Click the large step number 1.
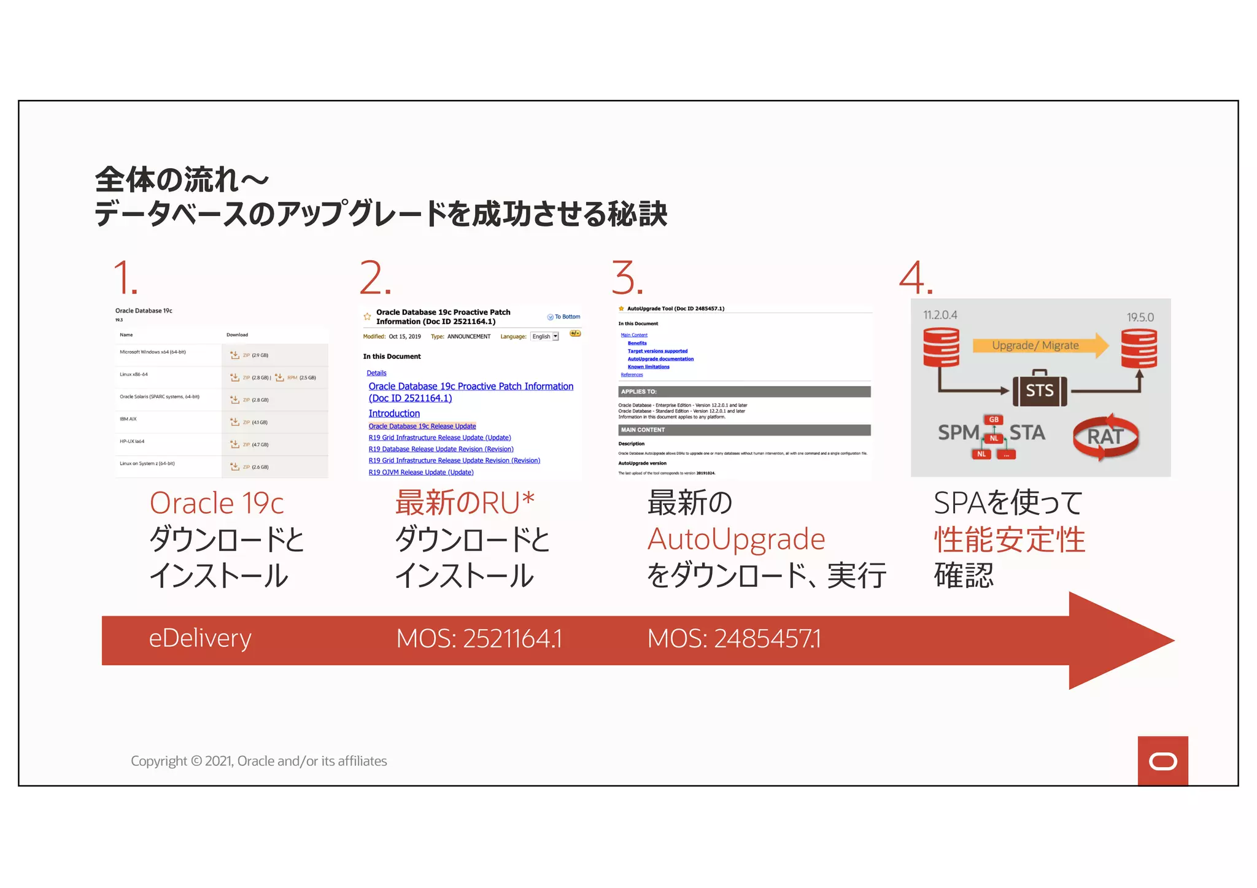[125, 278]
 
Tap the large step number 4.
[915, 278]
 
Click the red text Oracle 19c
[217, 503]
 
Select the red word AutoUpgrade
[736, 539]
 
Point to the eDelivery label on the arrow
[200, 638]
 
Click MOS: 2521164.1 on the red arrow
[479, 639]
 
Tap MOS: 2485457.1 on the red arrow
[733, 639]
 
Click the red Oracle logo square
[1162, 761]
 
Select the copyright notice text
[258, 761]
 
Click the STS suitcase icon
[1039, 389]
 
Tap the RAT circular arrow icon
[1105, 436]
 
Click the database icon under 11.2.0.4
[941, 347]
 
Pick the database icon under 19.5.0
[1139, 349]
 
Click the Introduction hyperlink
[394, 414]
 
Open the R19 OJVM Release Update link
[421, 473]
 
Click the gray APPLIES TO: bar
[744, 392]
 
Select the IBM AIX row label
[128, 419]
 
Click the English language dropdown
[545, 336]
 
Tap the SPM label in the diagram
[957, 433]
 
